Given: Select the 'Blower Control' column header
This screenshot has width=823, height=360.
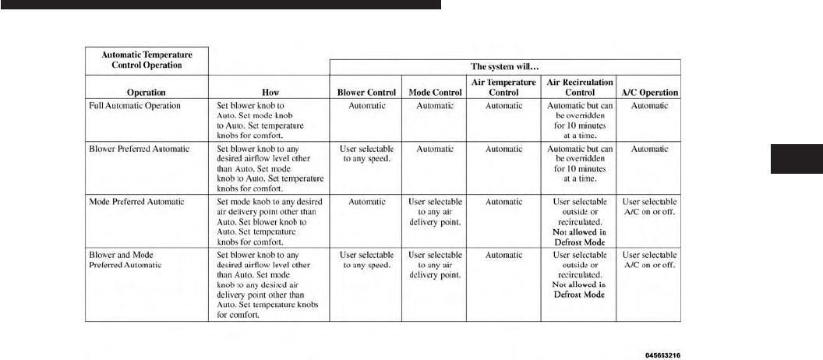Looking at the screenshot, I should [366, 92].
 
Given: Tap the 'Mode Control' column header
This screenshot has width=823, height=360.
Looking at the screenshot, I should [435, 92].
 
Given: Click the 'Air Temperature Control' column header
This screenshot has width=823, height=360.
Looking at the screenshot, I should [503, 86].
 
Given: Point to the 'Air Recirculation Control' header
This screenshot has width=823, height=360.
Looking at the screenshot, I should [580, 86].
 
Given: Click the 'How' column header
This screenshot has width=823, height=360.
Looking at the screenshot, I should [270, 92].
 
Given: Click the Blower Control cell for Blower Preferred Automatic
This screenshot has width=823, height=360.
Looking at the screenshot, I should [366, 154].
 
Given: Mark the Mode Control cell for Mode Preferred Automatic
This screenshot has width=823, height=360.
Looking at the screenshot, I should [435, 212].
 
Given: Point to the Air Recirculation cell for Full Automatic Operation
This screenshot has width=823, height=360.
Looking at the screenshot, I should [580, 119].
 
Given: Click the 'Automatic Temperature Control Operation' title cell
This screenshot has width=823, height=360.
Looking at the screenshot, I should [147, 59].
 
